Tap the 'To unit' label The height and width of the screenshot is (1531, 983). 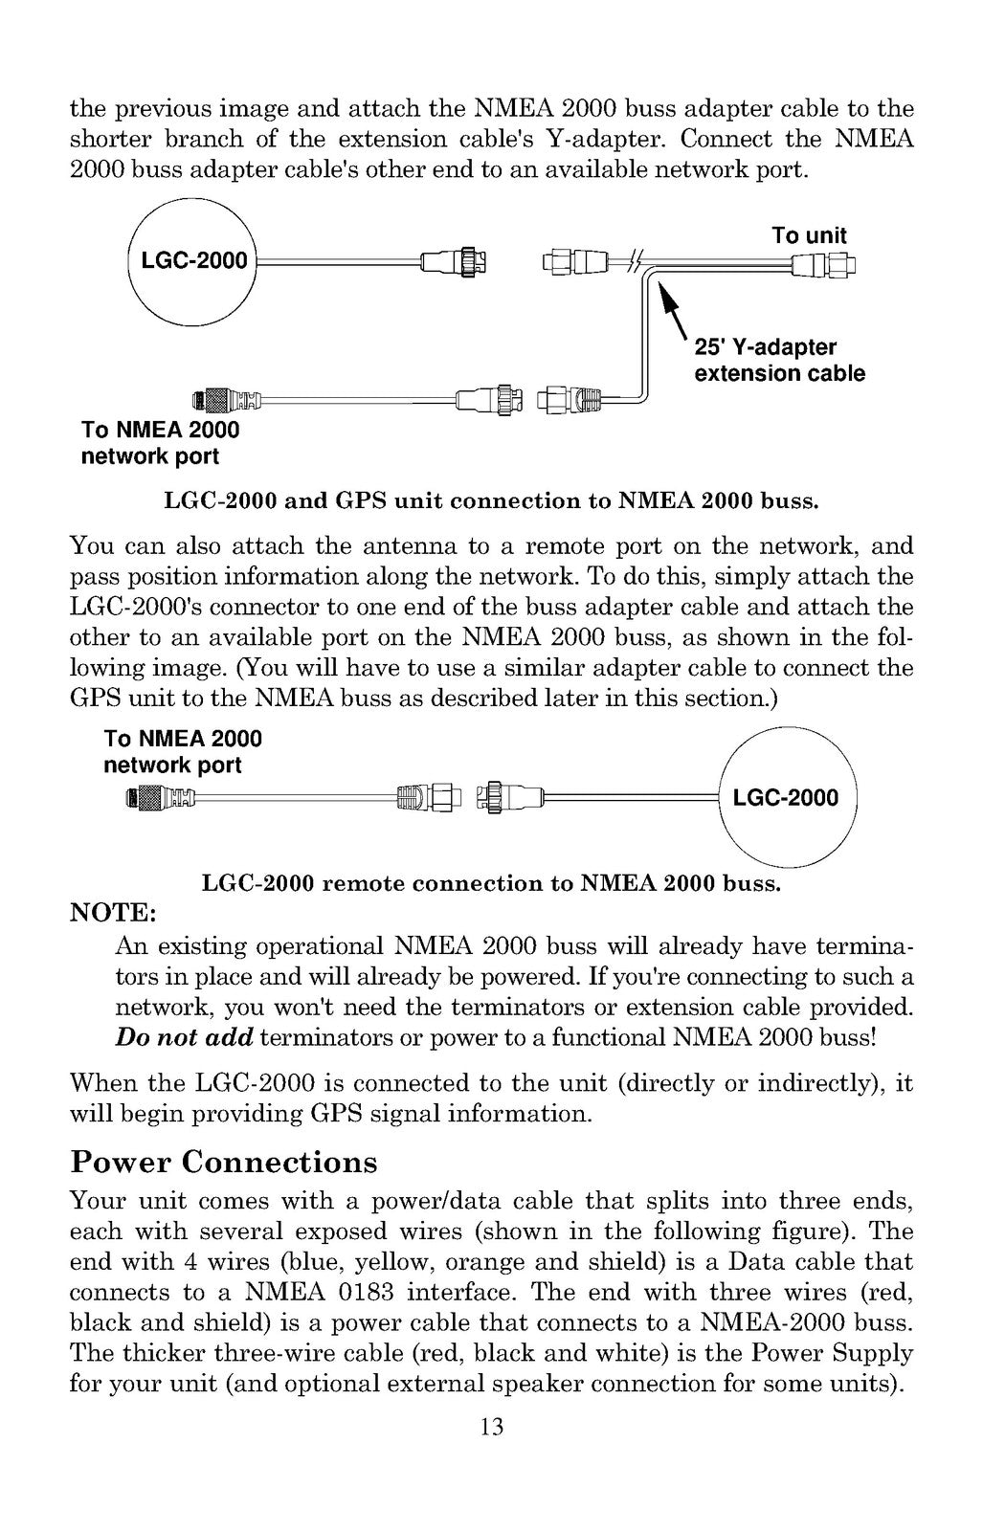(x=809, y=235)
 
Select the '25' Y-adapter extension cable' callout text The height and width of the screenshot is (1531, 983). (x=779, y=360)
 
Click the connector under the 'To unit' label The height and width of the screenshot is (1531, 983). (x=823, y=264)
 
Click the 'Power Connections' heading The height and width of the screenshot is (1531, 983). (x=224, y=1162)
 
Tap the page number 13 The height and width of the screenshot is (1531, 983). (x=492, y=1426)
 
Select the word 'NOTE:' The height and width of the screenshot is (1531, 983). (x=114, y=913)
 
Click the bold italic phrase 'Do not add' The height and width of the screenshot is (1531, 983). (x=184, y=1037)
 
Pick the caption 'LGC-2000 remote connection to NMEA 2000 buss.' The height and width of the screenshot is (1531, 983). (x=492, y=883)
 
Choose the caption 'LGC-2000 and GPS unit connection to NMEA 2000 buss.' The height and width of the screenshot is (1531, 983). (x=492, y=501)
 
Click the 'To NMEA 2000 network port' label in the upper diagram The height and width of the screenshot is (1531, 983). (x=160, y=443)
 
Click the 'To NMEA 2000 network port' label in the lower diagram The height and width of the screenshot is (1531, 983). (x=183, y=751)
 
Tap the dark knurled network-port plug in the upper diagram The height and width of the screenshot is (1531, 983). (x=210, y=399)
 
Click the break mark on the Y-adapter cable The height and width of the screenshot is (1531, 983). (x=635, y=261)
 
